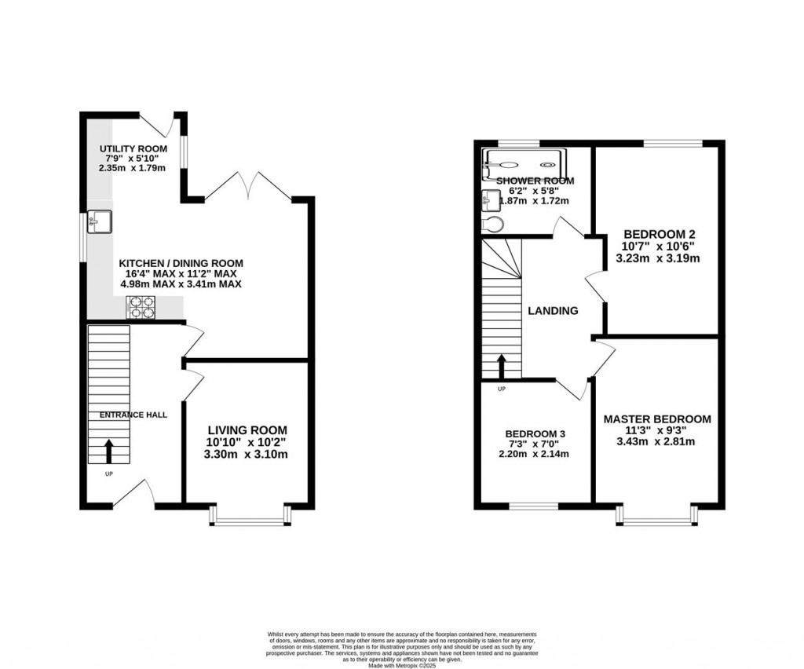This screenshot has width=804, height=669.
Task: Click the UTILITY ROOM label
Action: [133, 149]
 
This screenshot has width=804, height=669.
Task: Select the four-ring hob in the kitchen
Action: [141, 307]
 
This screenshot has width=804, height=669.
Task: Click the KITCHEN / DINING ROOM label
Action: [181, 263]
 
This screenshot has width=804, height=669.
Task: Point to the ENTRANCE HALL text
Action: [133, 415]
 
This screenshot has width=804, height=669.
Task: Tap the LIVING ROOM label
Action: [247, 430]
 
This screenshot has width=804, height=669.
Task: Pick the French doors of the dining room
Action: [248, 186]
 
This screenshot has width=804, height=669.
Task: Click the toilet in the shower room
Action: [493, 225]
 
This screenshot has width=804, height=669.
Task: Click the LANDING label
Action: [553, 311]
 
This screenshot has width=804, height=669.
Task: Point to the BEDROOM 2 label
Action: [660, 234]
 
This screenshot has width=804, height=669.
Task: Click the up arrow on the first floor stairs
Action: [500, 366]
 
